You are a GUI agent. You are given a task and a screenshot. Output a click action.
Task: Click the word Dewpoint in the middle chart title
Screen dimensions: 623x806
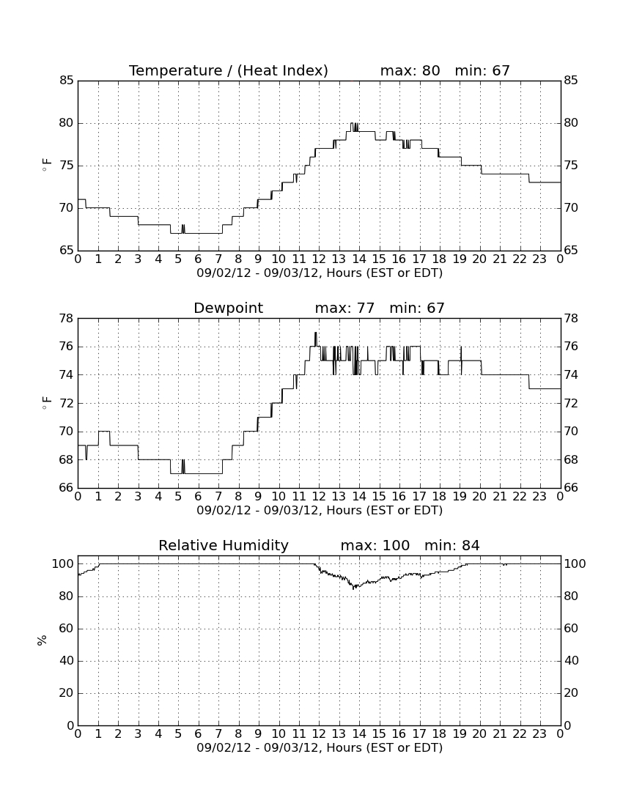pos(228,308)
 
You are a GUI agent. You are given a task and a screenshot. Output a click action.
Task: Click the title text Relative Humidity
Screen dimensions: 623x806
pos(224,545)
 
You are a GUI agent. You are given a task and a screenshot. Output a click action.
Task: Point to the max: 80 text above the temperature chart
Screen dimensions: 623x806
pos(410,70)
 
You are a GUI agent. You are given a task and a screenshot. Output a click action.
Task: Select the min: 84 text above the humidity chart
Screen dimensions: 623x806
pos(451,545)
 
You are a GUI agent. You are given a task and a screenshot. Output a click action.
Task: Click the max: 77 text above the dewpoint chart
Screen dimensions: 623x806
pos(344,308)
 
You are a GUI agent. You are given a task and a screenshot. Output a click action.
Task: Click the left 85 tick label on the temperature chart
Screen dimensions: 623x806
pos(67,80)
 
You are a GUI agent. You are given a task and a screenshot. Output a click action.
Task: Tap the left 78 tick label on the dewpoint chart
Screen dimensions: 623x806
pos(67,319)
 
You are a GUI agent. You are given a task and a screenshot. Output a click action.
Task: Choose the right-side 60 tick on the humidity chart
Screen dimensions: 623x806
pos(571,628)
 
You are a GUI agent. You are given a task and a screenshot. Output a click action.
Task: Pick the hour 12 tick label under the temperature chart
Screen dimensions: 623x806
pos(319,259)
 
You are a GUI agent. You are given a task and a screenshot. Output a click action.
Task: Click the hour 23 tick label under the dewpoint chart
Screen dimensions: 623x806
pos(539,497)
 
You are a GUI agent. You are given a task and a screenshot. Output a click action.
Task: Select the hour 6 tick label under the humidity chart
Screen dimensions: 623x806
pos(199,734)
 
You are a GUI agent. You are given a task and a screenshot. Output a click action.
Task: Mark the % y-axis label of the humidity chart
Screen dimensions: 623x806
pos(43,640)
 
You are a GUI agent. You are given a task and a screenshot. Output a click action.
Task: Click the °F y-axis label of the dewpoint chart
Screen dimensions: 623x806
pos(46,402)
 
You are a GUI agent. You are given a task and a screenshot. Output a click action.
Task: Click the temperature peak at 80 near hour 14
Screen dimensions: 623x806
pos(354,124)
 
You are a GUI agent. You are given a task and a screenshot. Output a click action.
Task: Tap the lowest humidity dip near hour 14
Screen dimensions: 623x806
pos(353,588)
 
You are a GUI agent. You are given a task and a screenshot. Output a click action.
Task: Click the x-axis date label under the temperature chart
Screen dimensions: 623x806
pos(320,273)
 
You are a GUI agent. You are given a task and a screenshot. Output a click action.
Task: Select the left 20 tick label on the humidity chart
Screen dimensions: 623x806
pos(67,693)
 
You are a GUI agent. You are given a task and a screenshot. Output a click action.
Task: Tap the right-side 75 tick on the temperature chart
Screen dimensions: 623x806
pos(571,166)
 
